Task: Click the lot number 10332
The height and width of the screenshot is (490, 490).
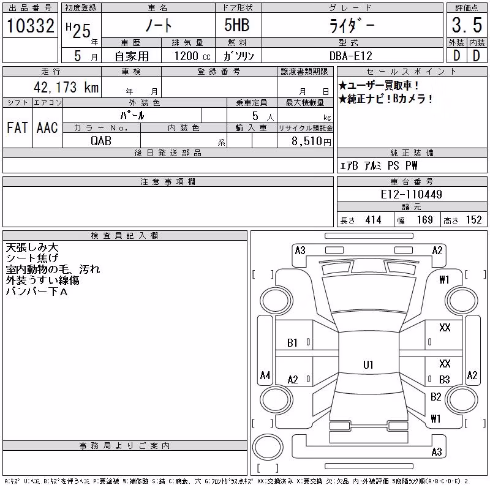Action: (30, 26)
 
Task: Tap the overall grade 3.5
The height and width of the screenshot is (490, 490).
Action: (467, 25)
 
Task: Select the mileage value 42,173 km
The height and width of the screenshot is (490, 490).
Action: (66, 87)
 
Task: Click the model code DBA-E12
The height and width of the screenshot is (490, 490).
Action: (351, 56)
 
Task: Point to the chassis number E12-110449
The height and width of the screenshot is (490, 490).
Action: (411, 194)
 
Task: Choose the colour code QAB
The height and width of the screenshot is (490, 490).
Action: (101, 141)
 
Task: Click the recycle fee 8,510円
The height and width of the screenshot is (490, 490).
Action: (311, 141)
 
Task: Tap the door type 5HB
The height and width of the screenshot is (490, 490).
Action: (237, 25)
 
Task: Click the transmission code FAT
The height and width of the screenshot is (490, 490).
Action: (17, 127)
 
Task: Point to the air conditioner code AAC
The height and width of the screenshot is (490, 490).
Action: (47, 127)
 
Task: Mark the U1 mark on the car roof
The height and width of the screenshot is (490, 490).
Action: (368, 364)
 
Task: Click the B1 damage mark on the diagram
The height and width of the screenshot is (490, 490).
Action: (292, 343)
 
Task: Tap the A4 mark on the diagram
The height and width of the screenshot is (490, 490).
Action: (265, 375)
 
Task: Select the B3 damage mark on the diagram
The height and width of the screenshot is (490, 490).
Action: (445, 379)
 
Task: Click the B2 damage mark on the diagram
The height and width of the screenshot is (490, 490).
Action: (435, 396)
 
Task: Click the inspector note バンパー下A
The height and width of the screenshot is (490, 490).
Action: (37, 292)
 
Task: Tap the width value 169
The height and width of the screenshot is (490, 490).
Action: (425, 220)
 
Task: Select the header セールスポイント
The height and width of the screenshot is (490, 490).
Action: (411, 72)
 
